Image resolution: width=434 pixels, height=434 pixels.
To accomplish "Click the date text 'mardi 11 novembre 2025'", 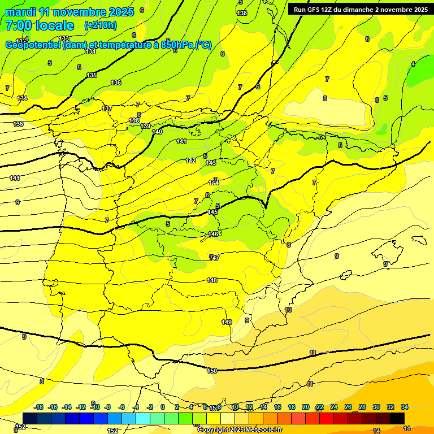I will (x=69, y=12).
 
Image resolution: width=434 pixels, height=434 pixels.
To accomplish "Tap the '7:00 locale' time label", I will (x=40, y=25).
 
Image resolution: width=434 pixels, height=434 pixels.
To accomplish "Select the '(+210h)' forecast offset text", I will (x=100, y=25).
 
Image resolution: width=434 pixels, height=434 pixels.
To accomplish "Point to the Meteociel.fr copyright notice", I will (x=240, y=429).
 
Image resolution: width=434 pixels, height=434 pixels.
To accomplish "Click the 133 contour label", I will (x=64, y=38).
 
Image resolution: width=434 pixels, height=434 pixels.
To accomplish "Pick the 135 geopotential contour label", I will (x=92, y=75).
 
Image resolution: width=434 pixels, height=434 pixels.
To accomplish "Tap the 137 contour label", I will (x=106, y=108).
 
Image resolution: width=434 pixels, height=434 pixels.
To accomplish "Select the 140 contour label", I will (x=157, y=132).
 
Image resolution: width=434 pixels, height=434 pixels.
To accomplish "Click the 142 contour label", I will (x=190, y=160).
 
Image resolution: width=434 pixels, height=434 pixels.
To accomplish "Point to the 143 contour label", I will (x=211, y=163).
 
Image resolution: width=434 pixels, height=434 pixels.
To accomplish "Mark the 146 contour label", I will (x=213, y=234).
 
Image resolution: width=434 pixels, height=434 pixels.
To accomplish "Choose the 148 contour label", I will (x=212, y=280).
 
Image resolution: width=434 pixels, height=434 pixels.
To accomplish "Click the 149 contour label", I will (x=227, y=322).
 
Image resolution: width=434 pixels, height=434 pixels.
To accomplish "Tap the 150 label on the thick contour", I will (x=212, y=371).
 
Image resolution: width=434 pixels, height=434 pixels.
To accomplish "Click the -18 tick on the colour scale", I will (x=39, y=407).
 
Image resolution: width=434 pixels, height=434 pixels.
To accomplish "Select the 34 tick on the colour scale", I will (x=405, y=407).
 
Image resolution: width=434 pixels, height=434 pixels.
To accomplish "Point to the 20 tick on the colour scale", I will (x=306, y=407).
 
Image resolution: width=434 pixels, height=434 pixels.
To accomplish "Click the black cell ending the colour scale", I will (x=397, y=418).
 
